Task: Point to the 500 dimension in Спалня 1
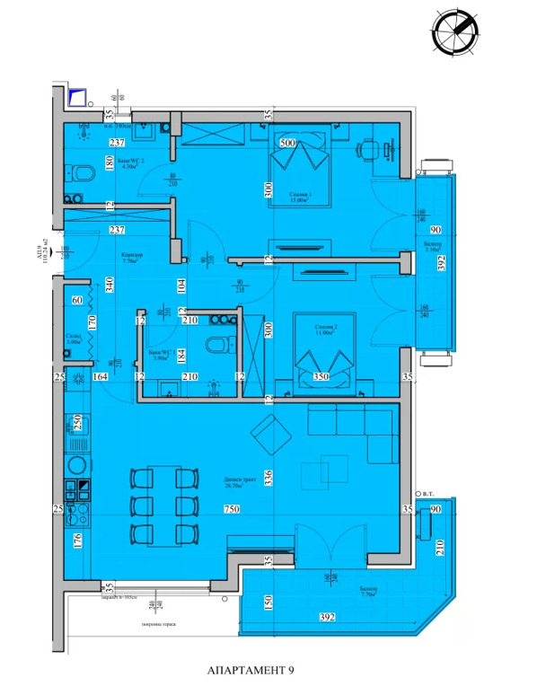coord(287,143)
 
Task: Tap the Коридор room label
coord(134,255)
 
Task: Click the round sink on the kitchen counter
coord(77,464)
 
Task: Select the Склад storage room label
coord(75,339)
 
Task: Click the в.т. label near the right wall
coord(430,495)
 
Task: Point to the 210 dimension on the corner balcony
coord(440,547)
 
